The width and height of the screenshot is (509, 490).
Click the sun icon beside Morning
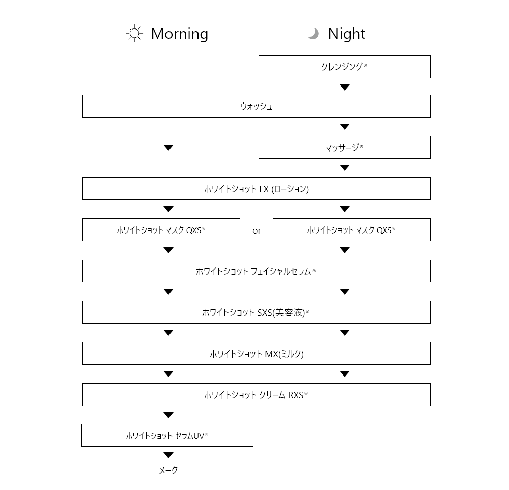click(134, 33)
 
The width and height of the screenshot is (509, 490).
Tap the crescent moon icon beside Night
click(314, 34)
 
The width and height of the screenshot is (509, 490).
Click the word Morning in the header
click(180, 34)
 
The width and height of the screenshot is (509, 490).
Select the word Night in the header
click(347, 34)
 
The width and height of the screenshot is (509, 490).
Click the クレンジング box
click(345, 67)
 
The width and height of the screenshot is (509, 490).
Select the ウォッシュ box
click(257, 106)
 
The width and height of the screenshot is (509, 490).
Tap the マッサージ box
click(345, 148)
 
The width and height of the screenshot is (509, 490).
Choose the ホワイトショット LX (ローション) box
click(257, 189)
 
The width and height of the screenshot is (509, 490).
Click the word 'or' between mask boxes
click(257, 230)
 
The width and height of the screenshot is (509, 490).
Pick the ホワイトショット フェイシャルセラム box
click(257, 271)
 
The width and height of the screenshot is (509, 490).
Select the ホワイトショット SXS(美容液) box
click(257, 312)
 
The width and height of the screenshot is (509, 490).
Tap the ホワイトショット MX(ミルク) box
click(257, 354)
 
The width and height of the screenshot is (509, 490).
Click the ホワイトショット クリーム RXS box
click(257, 395)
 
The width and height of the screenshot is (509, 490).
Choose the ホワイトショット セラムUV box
click(167, 435)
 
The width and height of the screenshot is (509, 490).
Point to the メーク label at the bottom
click(168, 470)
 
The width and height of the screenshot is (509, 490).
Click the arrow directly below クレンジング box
click(345, 88)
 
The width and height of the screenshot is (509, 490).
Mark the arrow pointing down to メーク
click(168, 455)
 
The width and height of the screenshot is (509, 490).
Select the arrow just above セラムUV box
click(168, 415)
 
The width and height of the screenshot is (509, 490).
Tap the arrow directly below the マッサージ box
click(345, 168)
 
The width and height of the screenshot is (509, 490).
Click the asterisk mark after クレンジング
click(365, 66)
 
